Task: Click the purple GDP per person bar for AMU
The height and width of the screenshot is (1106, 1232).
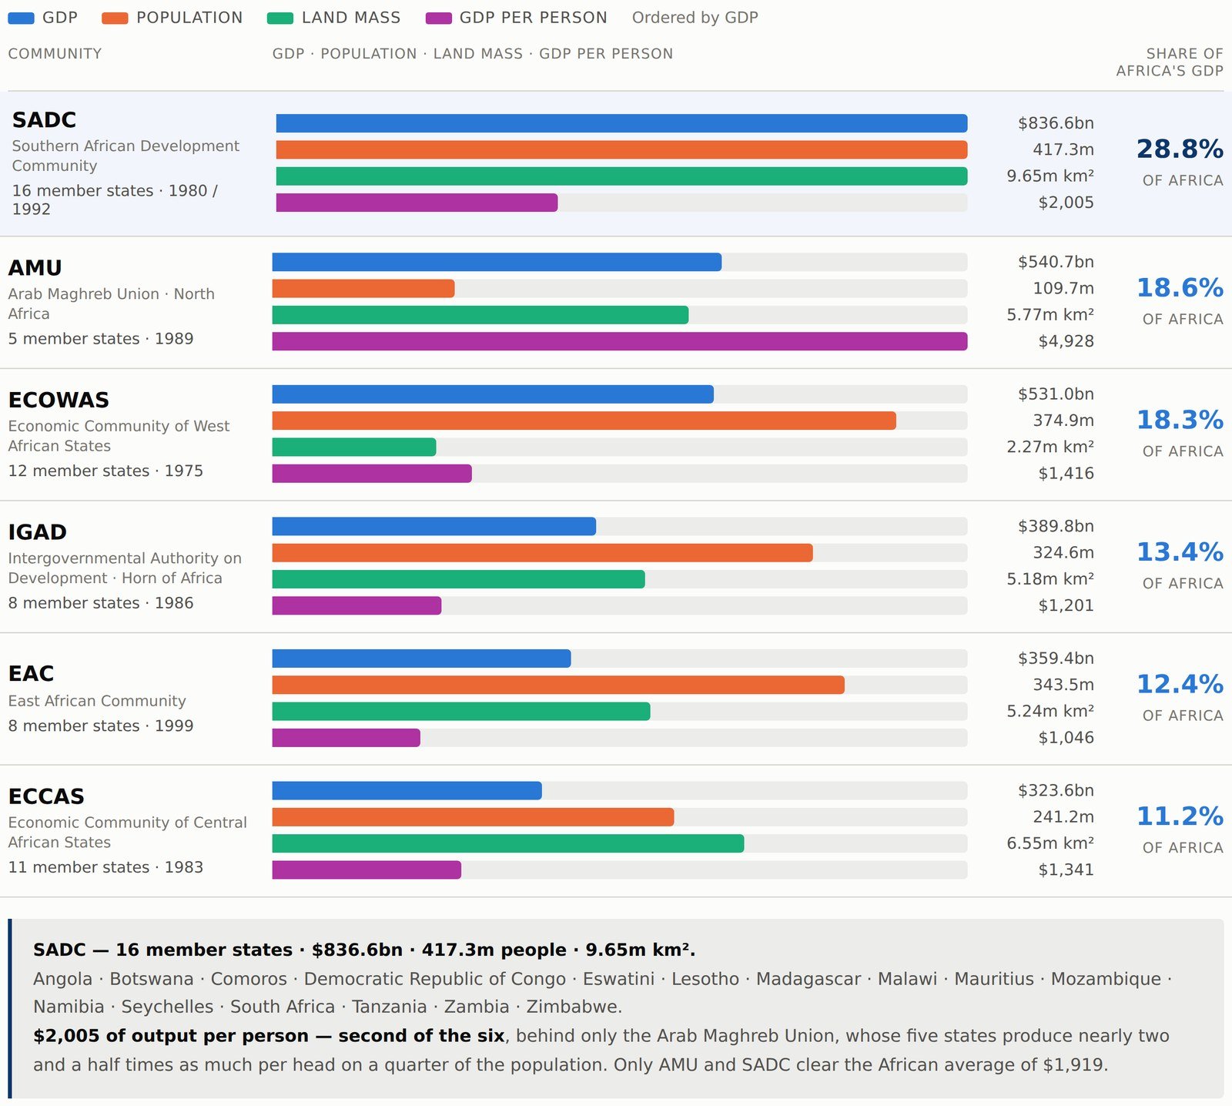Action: [620, 341]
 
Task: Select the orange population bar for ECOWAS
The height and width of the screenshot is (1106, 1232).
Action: [584, 421]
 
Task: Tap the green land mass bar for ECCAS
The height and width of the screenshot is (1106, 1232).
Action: [508, 843]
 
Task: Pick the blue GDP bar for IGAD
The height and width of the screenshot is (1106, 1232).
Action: [434, 526]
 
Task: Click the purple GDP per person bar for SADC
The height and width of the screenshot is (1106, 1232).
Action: [417, 203]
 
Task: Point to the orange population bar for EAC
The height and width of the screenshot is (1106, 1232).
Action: [558, 685]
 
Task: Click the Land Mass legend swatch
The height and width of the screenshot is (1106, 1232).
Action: [280, 18]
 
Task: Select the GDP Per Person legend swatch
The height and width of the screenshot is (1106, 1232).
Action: [439, 18]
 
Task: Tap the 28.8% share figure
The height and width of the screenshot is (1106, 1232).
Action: [1180, 149]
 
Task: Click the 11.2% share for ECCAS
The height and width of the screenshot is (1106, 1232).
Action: [1180, 816]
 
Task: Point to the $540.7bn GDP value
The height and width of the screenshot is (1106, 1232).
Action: [1056, 262]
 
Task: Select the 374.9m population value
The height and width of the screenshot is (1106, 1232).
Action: [1063, 421]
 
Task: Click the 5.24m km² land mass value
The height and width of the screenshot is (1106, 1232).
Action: [1050, 711]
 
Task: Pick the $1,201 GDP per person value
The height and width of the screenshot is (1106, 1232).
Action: [1066, 605]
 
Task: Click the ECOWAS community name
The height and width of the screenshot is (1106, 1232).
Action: [59, 400]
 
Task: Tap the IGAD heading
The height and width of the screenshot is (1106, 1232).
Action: [38, 532]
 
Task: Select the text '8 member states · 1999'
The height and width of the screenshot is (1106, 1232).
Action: [101, 726]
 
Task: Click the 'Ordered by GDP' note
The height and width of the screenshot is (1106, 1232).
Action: [695, 18]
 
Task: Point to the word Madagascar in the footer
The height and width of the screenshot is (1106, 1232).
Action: [808, 979]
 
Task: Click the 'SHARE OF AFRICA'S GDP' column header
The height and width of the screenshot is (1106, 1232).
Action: [1170, 62]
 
